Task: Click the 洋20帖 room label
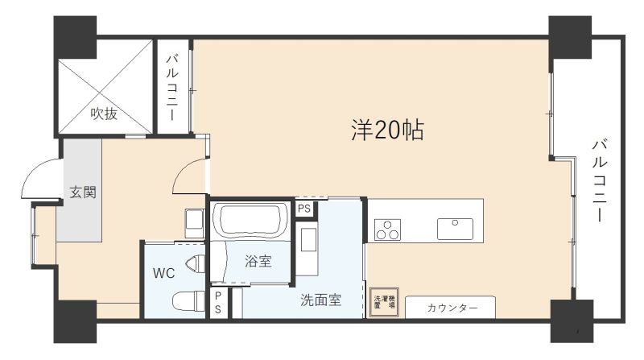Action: coord(387,130)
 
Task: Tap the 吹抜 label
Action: coord(104,114)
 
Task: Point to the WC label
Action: coord(163,272)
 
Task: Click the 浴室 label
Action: coord(258,261)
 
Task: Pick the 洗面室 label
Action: coord(321,300)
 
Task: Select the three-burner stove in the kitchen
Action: coord(386,230)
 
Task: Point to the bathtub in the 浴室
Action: coord(249,220)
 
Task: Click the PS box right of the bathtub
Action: coord(303,209)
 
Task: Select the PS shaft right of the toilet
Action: coord(217,304)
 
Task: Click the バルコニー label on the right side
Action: coord(600,182)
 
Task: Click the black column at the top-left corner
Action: coord(75,35)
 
